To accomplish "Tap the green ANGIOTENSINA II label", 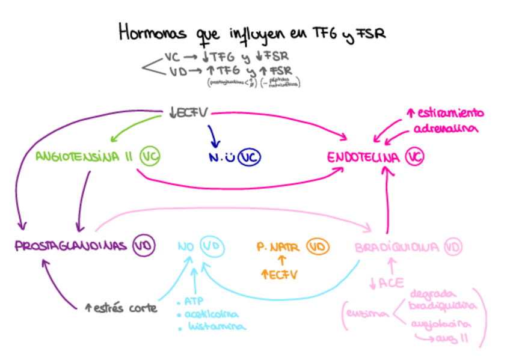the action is coord(84,157).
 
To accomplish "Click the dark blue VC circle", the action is coord(249,157).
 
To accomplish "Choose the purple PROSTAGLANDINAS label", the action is coord(70,246).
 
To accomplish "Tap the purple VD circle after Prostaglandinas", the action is coord(144,245).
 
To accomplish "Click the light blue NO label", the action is coord(186,246).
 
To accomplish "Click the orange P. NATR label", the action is coord(278,246).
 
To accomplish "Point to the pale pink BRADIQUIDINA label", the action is coord(396,247).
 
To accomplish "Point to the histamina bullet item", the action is coord(217,327).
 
